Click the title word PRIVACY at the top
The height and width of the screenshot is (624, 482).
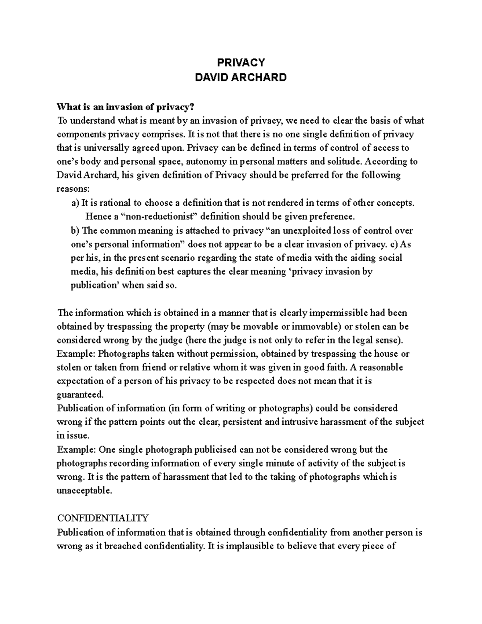(241, 63)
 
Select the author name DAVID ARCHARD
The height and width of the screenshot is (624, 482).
(241, 78)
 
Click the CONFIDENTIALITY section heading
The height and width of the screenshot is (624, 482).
(103, 518)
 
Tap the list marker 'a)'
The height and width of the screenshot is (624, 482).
(75, 203)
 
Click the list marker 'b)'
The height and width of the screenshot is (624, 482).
(75, 231)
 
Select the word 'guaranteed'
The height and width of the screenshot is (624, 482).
(80, 395)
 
